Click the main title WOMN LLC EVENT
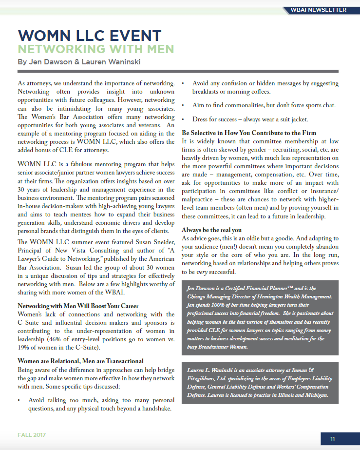90,36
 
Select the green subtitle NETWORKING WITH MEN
95,49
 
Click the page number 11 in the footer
333,439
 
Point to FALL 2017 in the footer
32,435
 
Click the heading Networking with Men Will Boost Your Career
71,306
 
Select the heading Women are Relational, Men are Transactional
80,361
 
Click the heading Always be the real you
212,230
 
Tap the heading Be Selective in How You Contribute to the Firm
249,133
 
